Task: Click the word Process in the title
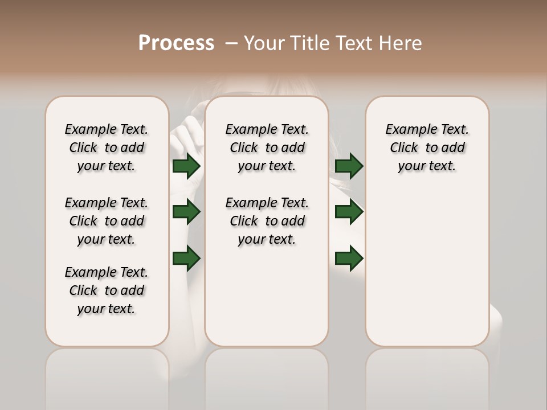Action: (176, 43)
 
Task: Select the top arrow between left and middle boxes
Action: (186, 166)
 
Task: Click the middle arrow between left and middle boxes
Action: (186, 212)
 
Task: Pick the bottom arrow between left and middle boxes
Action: (186, 258)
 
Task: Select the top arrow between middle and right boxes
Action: (349, 166)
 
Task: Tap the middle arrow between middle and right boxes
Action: (349, 212)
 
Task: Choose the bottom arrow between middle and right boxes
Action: (349, 258)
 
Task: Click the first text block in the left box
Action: (107, 147)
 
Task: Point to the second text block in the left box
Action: (107, 221)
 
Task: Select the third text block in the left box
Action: (107, 290)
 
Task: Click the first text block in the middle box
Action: (267, 147)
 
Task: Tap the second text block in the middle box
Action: (267, 221)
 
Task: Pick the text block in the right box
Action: (427, 147)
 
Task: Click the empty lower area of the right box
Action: (427, 268)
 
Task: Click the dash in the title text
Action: (231, 43)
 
